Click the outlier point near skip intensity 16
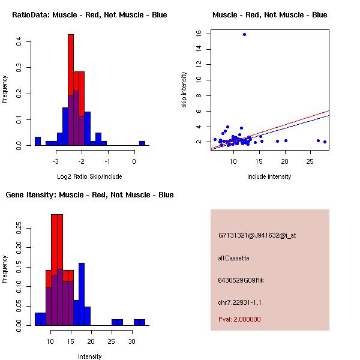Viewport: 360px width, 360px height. [x=244, y=34]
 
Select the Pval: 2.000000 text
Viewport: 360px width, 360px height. [x=239, y=319]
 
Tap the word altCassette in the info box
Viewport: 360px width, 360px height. [x=233, y=258]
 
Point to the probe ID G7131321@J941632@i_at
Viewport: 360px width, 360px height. [x=257, y=236]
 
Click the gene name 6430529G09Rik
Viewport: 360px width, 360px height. [x=241, y=280]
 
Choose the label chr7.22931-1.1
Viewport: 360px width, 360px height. [x=239, y=302]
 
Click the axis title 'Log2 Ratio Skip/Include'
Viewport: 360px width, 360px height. [x=89, y=176]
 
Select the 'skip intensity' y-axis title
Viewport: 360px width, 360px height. [x=184, y=89]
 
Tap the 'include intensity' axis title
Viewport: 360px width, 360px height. [x=269, y=176]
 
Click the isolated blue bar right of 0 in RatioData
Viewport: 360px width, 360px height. [x=142, y=143]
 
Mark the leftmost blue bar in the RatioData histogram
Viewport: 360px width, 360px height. [x=38, y=141]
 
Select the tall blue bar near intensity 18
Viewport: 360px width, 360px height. [x=82, y=294]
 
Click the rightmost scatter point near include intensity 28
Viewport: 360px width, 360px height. [x=325, y=142]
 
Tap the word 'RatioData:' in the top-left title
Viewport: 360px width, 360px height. [x=31, y=15]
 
